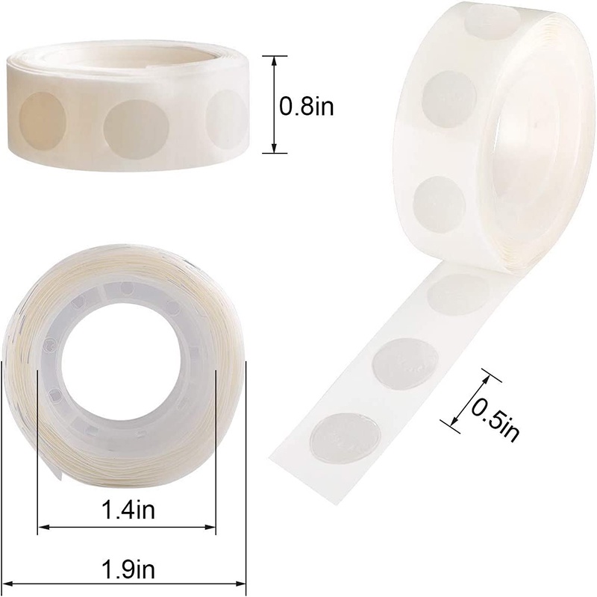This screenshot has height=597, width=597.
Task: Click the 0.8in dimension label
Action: (307, 106)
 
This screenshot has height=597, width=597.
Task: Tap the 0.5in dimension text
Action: (495, 419)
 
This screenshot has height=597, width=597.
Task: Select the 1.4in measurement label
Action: (128, 510)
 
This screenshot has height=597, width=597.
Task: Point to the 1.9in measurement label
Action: (128, 569)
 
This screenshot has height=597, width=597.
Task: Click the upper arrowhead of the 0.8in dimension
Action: (274, 61)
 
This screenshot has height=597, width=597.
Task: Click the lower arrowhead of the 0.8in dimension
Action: (274, 149)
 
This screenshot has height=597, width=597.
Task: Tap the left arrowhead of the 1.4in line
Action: (43, 528)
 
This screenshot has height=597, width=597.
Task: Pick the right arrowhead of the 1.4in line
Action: (210, 528)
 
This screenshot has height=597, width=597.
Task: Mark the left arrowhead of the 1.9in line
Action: (8, 583)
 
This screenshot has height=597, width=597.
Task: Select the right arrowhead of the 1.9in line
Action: (240, 583)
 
